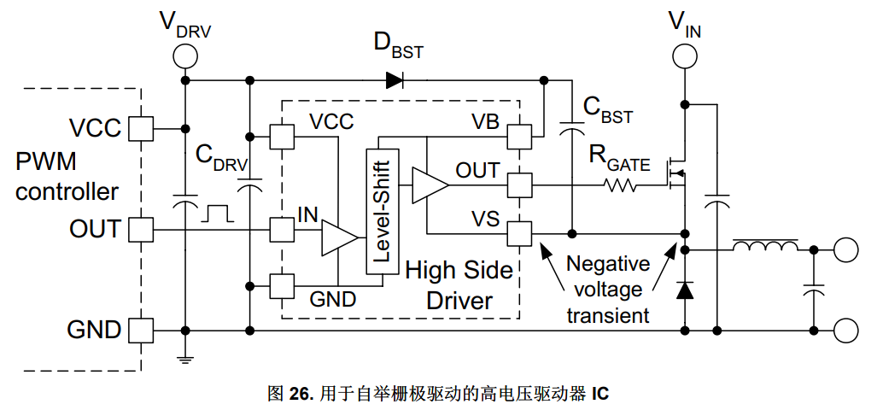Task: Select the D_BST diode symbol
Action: pyautogui.click(x=395, y=80)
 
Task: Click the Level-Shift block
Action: pyautogui.click(x=382, y=212)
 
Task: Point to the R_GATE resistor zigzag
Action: pyautogui.click(x=620, y=184)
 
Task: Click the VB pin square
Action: pyautogui.click(x=519, y=137)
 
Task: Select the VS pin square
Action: pyautogui.click(x=519, y=233)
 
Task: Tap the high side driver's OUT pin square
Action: pyautogui.click(x=519, y=184)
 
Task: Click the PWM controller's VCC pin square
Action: pyautogui.click(x=141, y=128)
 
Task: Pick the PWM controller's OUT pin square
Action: pyautogui.click(x=141, y=230)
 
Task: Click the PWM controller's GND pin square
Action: pyautogui.click(x=141, y=330)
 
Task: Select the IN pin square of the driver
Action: pyautogui.click(x=282, y=230)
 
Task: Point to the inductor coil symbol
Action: pyautogui.click(x=765, y=245)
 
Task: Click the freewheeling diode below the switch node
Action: pyautogui.click(x=685, y=290)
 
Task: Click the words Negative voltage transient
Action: pyautogui.click(x=608, y=289)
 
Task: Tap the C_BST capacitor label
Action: pyautogui.click(x=608, y=109)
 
